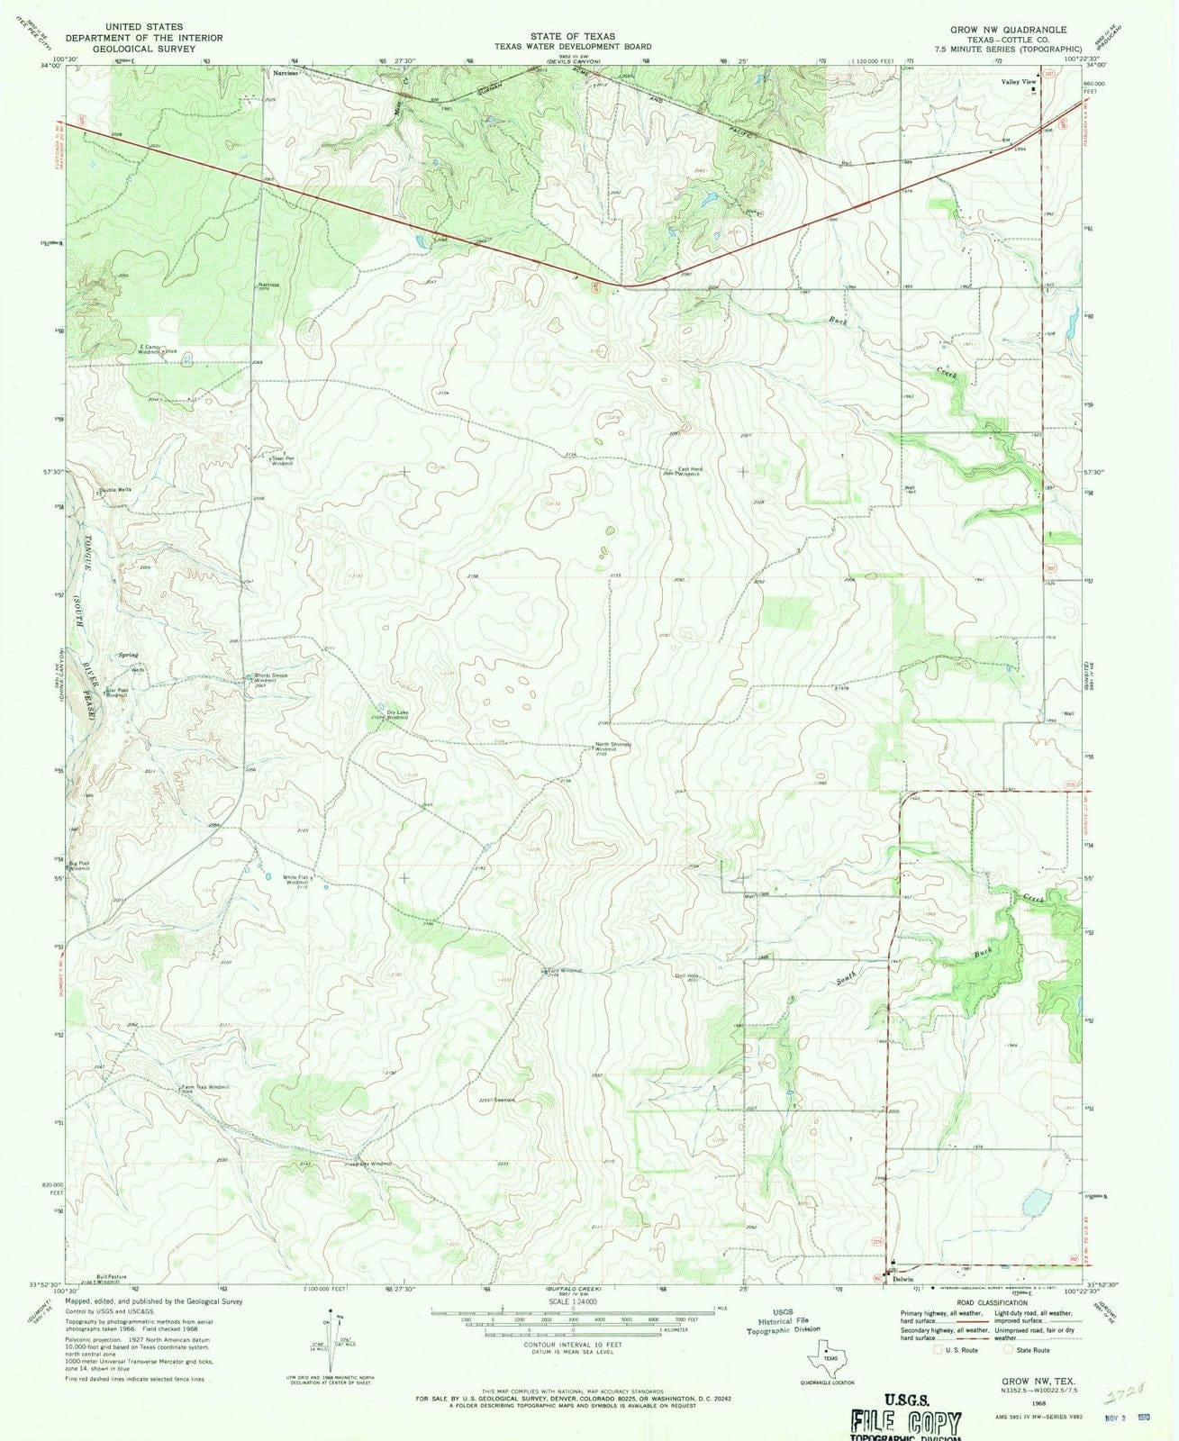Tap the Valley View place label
[x=1018, y=81]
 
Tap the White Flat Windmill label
[x=297, y=881]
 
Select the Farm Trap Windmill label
[x=206, y=1088]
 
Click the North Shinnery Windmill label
[x=612, y=747]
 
